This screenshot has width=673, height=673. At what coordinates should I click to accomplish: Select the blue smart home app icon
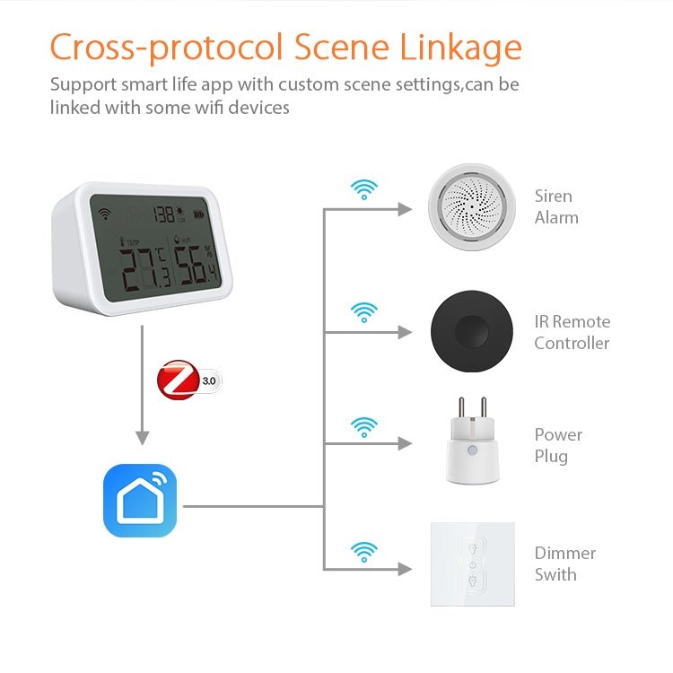140,501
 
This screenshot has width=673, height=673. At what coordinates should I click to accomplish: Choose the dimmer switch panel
472,564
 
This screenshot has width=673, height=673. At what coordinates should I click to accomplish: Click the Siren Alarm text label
556,206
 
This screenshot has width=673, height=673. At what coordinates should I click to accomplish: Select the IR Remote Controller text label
572,332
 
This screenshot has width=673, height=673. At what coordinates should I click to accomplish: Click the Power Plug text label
558,445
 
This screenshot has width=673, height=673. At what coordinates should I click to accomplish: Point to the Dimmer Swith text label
564,564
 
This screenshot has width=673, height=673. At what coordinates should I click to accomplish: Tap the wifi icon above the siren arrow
363,189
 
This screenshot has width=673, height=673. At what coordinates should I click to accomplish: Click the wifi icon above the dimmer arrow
363,549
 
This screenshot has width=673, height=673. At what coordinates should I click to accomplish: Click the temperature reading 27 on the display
141,266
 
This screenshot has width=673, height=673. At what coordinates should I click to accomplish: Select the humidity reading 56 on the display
191,267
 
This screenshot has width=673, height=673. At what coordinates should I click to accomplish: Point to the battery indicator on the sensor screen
208,214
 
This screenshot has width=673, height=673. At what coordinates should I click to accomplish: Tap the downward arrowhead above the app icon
141,437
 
